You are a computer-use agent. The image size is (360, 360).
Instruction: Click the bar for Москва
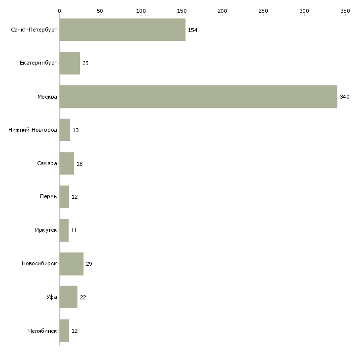(198, 97)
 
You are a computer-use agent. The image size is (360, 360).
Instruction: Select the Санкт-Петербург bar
(122, 30)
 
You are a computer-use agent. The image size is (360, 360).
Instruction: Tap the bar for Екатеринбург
(70, 63)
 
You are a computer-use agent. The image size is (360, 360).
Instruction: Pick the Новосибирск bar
(72, 264)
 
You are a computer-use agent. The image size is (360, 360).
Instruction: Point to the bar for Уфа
(69, 297)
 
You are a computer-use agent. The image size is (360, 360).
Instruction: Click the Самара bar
(67, 163)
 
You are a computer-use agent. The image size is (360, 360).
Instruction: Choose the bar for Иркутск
(64, 230)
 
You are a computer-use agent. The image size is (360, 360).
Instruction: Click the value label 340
(344, 97)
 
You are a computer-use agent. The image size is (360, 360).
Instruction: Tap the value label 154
(192, 30)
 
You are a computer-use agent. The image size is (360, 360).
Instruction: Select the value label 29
(89, 264)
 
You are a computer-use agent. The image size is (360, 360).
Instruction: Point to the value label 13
(75, 130)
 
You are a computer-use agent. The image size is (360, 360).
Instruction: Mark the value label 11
(74, 230)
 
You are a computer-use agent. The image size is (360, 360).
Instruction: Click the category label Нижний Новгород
(33, 130)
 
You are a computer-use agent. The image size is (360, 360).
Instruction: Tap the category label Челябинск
(42, 331)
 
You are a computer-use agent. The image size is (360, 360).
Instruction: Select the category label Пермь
(48, 197)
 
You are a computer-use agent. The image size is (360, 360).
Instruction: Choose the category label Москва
(47, 97)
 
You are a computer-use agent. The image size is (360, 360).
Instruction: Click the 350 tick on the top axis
(345, 10)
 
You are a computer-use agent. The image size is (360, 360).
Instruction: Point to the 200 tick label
(223, 10)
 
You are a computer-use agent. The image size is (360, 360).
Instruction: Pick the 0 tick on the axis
(59, 10)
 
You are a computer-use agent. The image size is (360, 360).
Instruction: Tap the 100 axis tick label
(141, 10)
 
